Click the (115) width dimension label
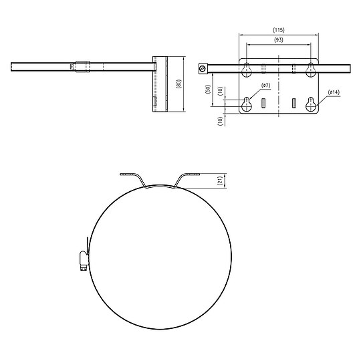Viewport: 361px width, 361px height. [x=279, y=31]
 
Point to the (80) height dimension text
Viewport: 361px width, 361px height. [x=178, y=85]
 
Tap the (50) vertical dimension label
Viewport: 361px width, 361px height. [x=208, y=90]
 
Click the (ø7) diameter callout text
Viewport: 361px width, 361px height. [x=265, y=86]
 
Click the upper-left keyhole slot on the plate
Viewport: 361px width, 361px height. [x=247, y=68]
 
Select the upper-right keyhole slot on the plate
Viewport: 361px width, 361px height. [x=311, y=68]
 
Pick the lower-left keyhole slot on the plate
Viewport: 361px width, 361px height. [x=247, y=104]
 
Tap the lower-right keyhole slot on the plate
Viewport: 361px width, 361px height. [x=311, y=104]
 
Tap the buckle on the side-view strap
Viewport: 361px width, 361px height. [x=80, y=66]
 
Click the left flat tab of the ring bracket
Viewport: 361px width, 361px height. [x=129, y=175]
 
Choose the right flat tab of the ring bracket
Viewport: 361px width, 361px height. [x=191, y=175]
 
